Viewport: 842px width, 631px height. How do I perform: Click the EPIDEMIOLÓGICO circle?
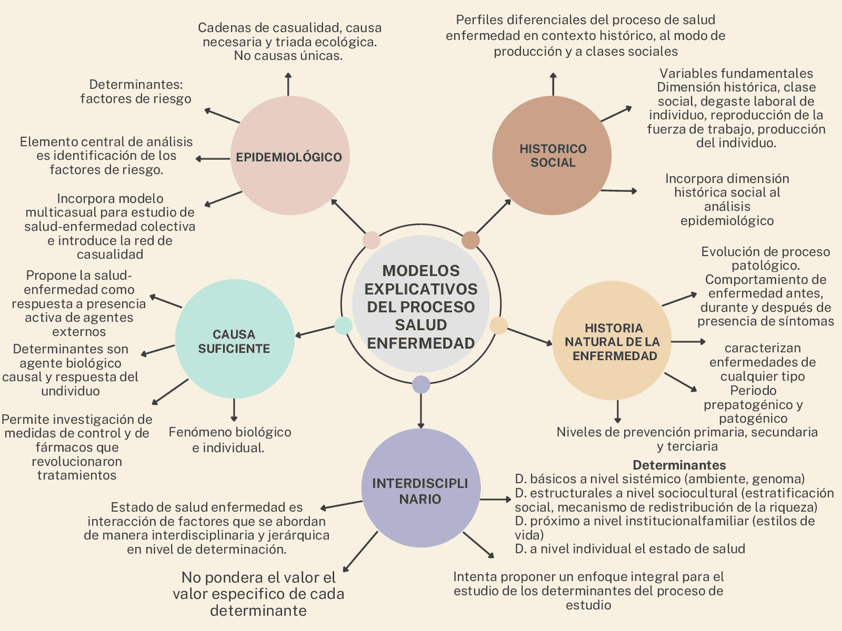[289, 156]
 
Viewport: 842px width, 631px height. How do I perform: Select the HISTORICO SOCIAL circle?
[552, 156]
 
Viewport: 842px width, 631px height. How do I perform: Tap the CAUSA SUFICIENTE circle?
[234, 340]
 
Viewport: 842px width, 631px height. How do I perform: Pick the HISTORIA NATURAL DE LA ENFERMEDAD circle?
[612, 341]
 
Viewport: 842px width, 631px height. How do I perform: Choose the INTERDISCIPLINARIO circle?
[420, 488]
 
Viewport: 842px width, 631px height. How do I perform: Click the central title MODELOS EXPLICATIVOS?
[420, 306]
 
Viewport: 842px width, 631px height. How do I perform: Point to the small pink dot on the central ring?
[372, 240]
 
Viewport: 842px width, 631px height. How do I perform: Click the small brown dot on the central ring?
[470, 240]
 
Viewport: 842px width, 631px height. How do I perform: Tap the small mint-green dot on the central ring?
[343, 325]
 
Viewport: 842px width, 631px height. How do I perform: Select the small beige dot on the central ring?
[499, 325]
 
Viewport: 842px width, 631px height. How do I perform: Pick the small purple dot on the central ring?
[421, 385]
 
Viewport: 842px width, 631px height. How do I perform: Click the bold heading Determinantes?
[679, 465]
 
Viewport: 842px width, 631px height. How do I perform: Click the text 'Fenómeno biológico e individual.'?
[230, 440]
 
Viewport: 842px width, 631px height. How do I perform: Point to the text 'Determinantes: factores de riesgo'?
[136, 91]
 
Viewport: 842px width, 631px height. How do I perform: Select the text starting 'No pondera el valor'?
[259, 594]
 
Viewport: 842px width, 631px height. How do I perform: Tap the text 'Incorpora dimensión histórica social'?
[727, 199]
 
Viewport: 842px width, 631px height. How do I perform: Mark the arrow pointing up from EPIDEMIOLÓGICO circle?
[288, 84]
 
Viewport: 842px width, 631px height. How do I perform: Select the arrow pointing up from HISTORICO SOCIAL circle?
[553, 85]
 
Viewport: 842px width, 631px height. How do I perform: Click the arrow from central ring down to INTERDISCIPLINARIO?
[421, 411]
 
